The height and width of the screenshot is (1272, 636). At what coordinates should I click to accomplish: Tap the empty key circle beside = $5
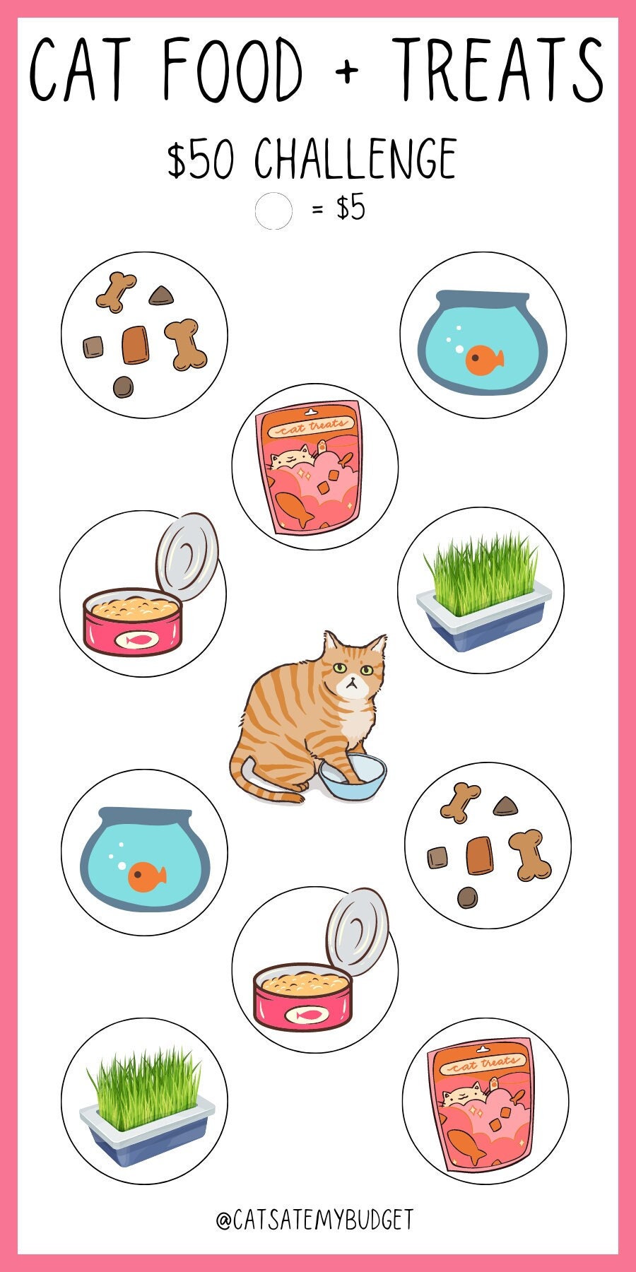click(273, 211)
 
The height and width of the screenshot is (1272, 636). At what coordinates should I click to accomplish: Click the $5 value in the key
click(351, 208)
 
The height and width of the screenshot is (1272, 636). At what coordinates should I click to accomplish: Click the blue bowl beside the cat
click(353, 777)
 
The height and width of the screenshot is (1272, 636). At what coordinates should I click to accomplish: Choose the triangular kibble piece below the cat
click(505, 806)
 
